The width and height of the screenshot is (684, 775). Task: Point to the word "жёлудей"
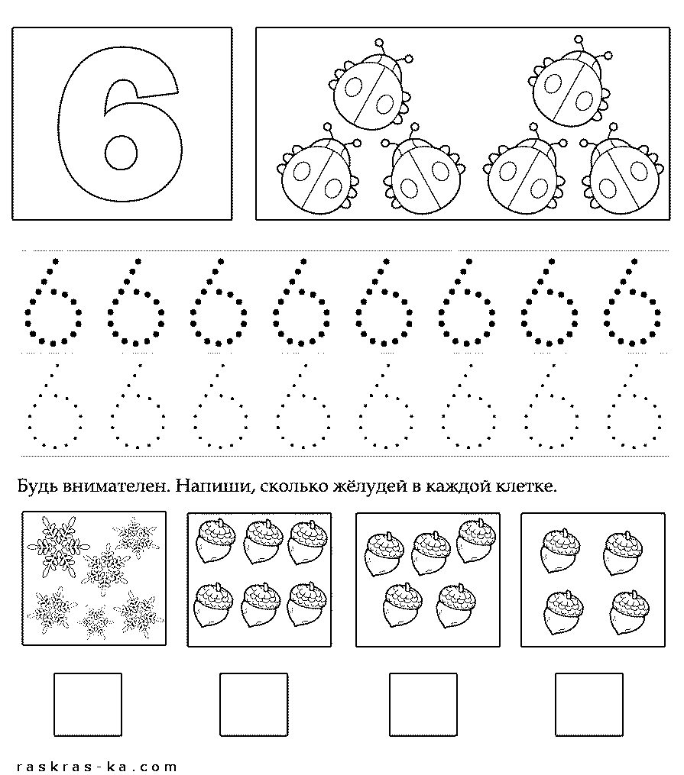pyautogui.click(x=369, y=486)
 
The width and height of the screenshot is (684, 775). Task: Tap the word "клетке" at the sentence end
pyautogui.click(x=525, y=486)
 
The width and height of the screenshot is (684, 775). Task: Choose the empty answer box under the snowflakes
pyautogui.click(x=88, y=704)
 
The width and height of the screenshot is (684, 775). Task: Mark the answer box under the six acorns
pyautogui.click(x=254, y=704)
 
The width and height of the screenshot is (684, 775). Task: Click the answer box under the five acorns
pyautogui.click(x=423, y=704)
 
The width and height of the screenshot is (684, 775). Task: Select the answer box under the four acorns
pyautogui.click(x=588, y=704)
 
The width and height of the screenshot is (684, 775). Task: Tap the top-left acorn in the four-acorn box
pyautogui.click(x=561, y=551)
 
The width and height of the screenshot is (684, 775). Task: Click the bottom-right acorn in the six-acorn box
pyautogui.click(x=307, y=605)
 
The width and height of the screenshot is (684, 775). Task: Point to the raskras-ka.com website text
pyautogui.click(x=96, y=766)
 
